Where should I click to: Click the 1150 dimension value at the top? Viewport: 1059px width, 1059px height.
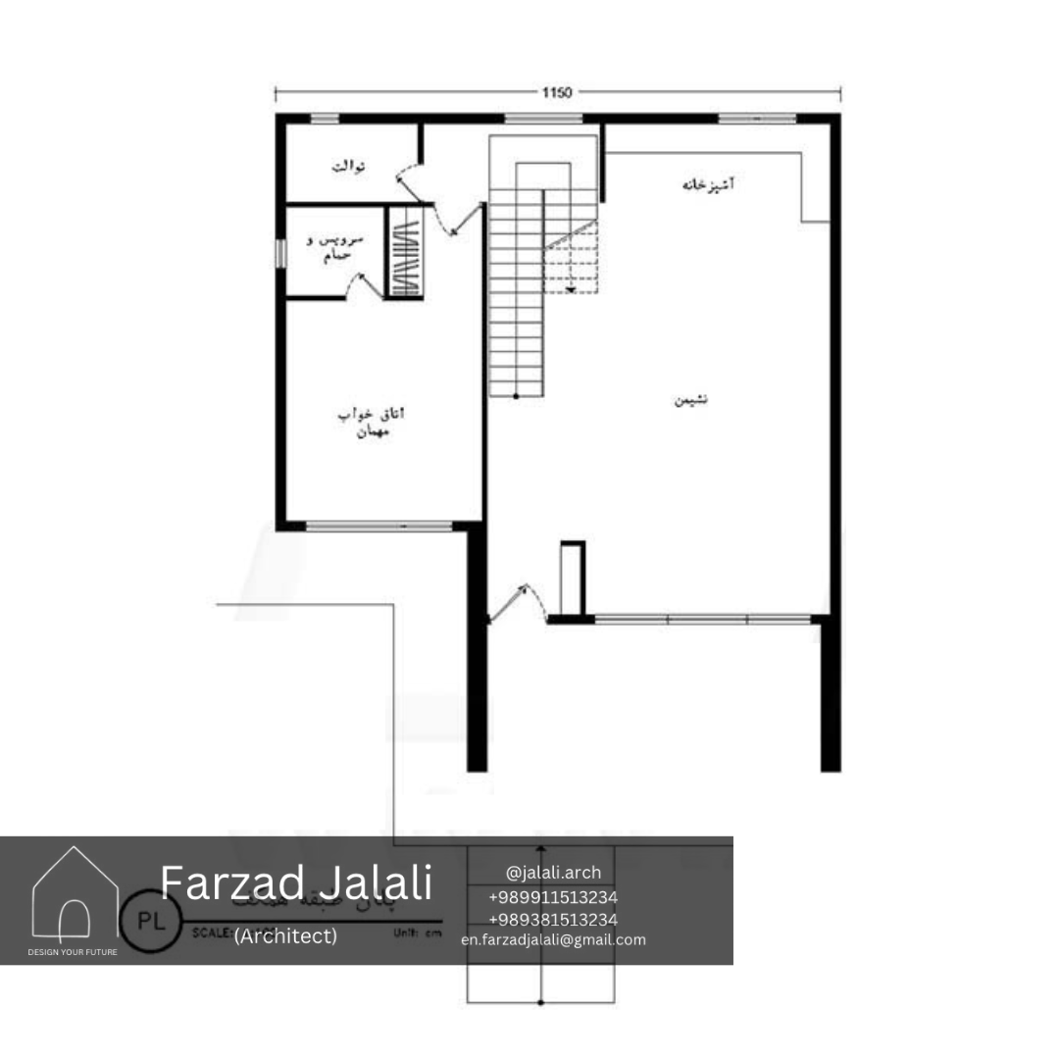coord(557,93)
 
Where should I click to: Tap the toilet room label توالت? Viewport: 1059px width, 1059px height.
coord(348,167)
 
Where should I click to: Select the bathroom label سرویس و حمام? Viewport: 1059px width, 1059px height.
coord(330,248)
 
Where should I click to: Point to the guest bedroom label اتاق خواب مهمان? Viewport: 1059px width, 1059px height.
coord(371,422)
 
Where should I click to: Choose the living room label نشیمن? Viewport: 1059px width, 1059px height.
coord(690,400)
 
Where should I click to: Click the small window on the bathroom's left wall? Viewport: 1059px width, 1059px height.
coord(279,253)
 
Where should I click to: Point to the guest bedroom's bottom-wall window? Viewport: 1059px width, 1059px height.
coord(379,527)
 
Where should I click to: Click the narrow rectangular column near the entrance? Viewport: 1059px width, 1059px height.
coord(572,579)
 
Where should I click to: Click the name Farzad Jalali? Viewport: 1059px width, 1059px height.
coord(295,882)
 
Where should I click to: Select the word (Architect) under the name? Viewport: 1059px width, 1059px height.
coord(285,936)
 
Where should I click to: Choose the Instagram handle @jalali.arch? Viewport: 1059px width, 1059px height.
coord(553,872)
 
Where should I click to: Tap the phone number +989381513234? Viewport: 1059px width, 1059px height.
coord(553,919)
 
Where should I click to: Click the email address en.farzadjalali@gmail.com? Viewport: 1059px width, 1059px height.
coord(553,939)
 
